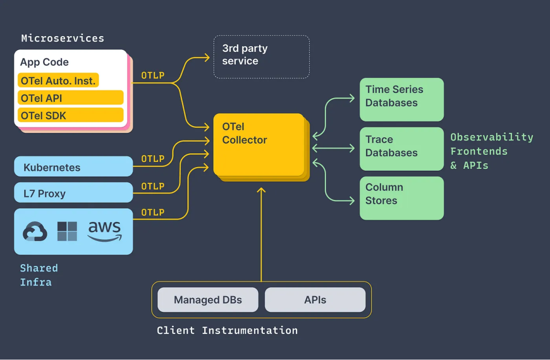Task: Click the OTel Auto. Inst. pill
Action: click(x=58, y=80)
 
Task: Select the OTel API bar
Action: click(x=70, y=98)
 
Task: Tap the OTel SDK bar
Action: click(x=70, y=115)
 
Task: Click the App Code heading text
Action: click(x=44, y=62)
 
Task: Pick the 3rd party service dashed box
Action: click(x=261, y=57)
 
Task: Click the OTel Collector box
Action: click(x=258, y=145)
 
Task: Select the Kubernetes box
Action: click(x=73, y=167)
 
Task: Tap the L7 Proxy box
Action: click(x=73, y=193)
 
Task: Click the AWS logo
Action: click(x=104, y=231)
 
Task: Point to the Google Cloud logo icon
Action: click(x=35, y=232)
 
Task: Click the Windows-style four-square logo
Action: click(x=67, y=231)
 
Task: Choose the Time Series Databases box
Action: click(x=401, y=99)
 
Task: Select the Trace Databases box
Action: click(x=401, y=149)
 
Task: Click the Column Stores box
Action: click(x=401, y=198)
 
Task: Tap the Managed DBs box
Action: click(x=208, y=300)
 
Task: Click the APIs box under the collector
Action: click(x=315, y=300)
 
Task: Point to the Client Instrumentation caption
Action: click(x=227, y=330)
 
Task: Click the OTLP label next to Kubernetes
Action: click(x=153, y=159)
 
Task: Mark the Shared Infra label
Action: click(x=38, y=275)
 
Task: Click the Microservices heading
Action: click(x=63, y=38)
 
